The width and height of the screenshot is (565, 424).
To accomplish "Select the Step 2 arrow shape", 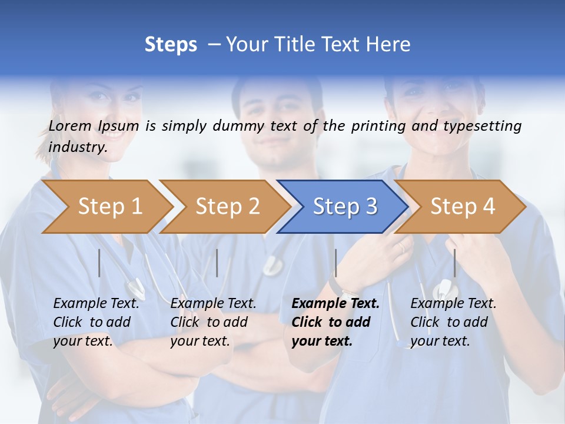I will click(x=227, y=207).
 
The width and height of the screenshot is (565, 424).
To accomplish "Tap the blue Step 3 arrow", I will click(x=344, y=207).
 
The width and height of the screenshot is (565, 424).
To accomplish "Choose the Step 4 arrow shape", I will click(x=462, y=207).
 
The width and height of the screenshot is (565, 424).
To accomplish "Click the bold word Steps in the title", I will click(x=171, y=45).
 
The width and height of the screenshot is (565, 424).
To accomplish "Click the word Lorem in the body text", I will click(x=70, y=125).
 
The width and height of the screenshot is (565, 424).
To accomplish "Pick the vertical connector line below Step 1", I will click(x=99, y=263).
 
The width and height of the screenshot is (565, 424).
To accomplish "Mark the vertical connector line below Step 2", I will click(x=217, y=263).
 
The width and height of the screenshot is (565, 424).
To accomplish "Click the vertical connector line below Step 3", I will click(x=335, y=263).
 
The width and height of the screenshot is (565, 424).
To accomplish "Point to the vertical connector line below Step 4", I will click(x=454, y=263).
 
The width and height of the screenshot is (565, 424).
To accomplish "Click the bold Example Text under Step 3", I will click(x=335, y=304).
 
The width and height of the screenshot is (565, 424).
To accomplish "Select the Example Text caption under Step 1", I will click(x=97, y=304).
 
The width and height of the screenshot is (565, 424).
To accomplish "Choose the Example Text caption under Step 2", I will click(x=213, y=304).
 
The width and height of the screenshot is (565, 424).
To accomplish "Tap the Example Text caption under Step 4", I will click(x=453, y=304).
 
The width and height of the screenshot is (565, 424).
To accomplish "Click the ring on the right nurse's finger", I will click(x=402, y=247).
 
